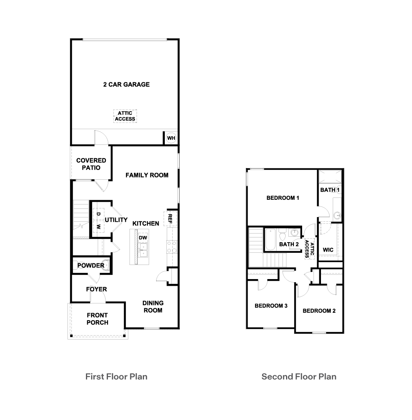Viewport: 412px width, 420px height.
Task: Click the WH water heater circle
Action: pos(171,138)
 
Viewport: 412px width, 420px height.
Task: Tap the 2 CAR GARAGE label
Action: pos(126,84)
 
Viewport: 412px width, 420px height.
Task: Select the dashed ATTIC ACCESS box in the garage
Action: pos(125,116)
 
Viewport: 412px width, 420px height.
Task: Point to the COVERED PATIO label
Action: pos(91,164)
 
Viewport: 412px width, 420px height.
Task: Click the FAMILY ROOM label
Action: pos(147,175)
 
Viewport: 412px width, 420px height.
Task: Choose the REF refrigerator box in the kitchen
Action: pos(170,219)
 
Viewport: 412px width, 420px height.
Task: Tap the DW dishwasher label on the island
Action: pos(143,237)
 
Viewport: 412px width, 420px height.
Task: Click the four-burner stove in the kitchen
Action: pos(172,247)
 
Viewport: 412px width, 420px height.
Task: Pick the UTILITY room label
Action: pos(116,220)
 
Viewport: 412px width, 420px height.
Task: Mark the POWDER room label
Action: pos(91,265)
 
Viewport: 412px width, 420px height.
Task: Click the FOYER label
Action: pos(97,289)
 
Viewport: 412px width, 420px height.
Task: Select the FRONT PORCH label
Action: pos(97,319)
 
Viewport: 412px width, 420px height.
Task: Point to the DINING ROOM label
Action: pos(153,307)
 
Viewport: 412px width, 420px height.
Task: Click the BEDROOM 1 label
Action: pos(283,198)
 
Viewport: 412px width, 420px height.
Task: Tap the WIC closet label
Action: pos(328,250)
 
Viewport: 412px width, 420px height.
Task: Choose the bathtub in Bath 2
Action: pos(270,239)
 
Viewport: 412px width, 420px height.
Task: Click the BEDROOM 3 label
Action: pos(271,306)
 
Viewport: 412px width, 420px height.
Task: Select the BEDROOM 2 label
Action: pos(319,311)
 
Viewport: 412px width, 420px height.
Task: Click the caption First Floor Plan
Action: pos(116,376)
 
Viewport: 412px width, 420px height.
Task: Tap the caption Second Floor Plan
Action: pos(299,376)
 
